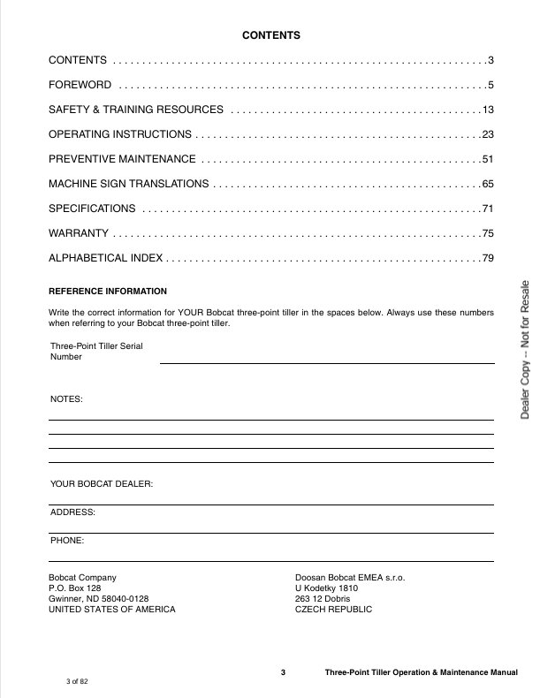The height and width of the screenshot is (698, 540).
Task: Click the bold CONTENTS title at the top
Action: click(271, 36)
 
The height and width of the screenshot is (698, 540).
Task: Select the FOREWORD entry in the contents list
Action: click(80, 85)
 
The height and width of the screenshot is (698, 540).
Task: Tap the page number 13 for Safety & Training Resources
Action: click(487, 110)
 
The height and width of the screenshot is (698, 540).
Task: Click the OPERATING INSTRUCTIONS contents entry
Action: click(119, 134)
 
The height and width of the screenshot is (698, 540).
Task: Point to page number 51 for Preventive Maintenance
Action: click(487, 159)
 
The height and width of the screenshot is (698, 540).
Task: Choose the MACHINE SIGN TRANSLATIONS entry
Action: click(128, 184)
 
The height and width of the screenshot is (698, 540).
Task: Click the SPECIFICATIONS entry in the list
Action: click(92, 209)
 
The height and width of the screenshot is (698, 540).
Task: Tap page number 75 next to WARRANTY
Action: click(487, 233)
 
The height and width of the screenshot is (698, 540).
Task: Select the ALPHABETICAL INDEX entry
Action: click(105, 258)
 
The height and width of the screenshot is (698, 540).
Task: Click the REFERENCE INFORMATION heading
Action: click(107, 292)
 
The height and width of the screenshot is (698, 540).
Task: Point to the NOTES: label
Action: click(66, 399)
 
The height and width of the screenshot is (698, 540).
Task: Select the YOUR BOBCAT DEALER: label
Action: click(102, 484)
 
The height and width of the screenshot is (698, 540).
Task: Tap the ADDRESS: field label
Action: click(72, 512)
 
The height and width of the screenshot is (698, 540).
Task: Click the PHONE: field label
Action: click(68, 539)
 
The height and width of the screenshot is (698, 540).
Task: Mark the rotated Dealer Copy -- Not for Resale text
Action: click(524, 349)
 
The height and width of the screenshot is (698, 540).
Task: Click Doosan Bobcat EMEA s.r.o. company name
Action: click(349, 577)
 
